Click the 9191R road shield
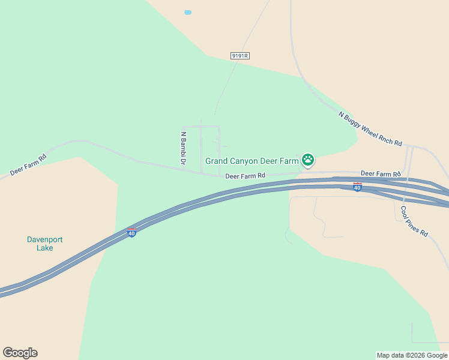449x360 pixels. (240, 55)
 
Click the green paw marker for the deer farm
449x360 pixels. (308, 160)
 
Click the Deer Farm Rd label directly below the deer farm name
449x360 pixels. (245, 176)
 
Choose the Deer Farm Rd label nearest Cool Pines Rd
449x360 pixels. (381, 174)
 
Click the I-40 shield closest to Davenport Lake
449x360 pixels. (131, 233)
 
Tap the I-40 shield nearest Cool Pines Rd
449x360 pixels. (357, 187)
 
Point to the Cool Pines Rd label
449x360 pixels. (414, 221)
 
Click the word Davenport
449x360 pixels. (44, 240)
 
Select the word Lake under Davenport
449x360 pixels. (44, 248)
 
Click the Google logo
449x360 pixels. (20, 353)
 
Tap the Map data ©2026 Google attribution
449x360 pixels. (412, 355)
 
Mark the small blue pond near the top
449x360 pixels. (188, 13)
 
